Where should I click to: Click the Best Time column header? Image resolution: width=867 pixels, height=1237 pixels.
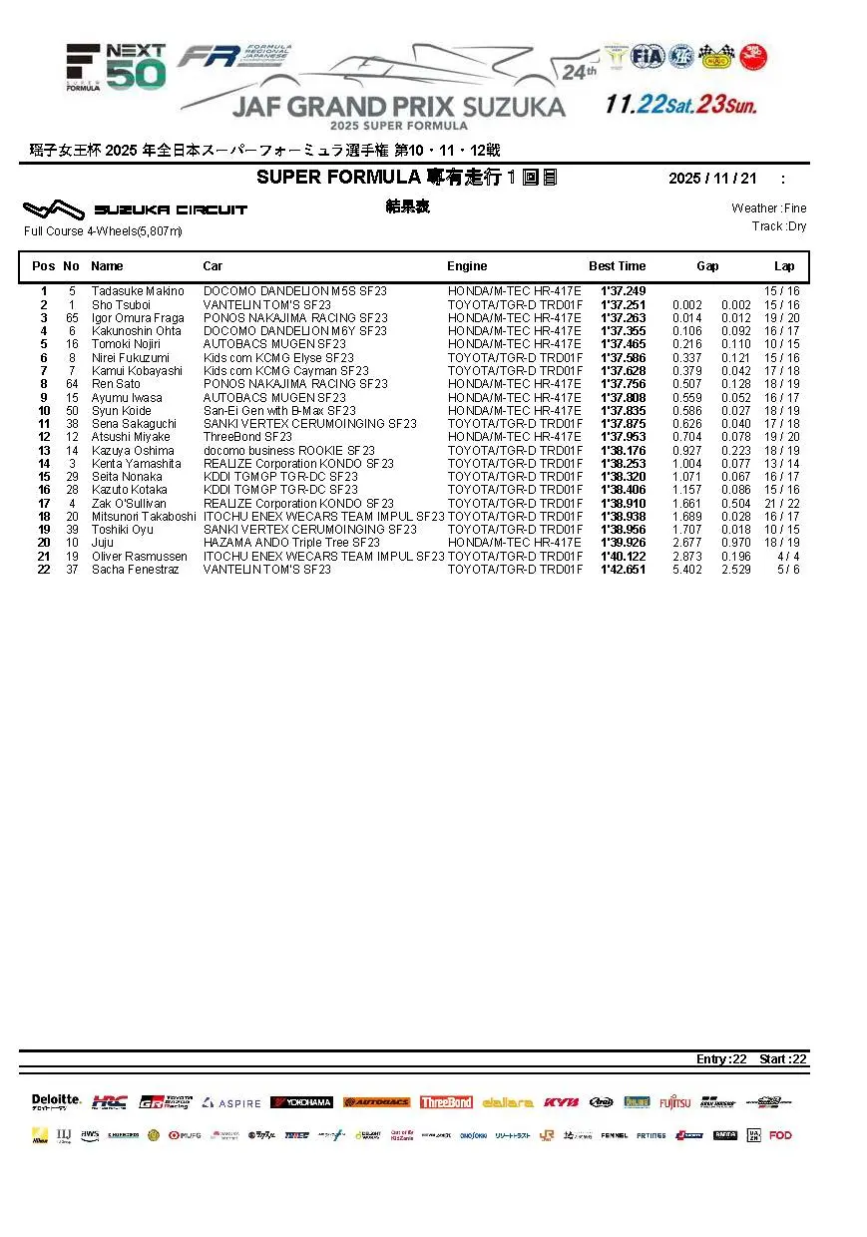617,266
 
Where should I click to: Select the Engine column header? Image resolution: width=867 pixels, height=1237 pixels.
467,266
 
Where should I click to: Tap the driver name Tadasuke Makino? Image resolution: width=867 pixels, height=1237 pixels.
138,291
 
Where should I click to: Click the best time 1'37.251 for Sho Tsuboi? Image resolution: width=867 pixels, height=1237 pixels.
623,304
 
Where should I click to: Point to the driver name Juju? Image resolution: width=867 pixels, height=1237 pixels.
102,543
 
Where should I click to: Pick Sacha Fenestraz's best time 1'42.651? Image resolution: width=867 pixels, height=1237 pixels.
623,570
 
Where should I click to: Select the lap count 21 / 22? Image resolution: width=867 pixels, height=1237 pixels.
781,504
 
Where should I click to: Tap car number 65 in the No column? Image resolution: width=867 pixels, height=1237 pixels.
72,318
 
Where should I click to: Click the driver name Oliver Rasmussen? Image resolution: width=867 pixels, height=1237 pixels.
139,557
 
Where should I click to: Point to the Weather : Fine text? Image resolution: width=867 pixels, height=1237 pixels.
768,208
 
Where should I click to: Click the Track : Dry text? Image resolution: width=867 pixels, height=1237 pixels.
779,226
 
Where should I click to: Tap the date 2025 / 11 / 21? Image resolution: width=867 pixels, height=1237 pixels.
712,179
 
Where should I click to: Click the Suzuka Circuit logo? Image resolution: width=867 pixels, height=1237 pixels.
135,209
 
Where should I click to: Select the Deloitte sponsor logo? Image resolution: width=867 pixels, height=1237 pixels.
56,1101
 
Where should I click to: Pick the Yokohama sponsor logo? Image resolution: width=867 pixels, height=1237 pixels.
301,1102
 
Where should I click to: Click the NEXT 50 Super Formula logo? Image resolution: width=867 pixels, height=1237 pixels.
116,68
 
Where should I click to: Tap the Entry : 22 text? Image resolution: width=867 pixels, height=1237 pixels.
721,1059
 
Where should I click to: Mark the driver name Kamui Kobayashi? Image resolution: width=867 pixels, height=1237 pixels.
137,371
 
